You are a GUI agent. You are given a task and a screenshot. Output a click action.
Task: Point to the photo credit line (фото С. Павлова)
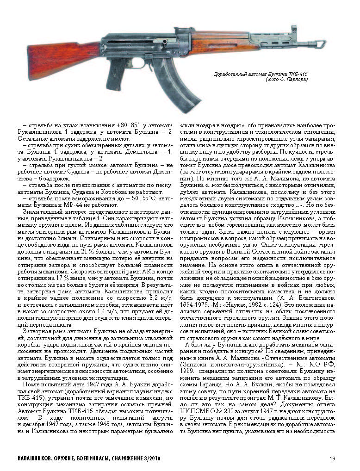click(286, 80)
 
